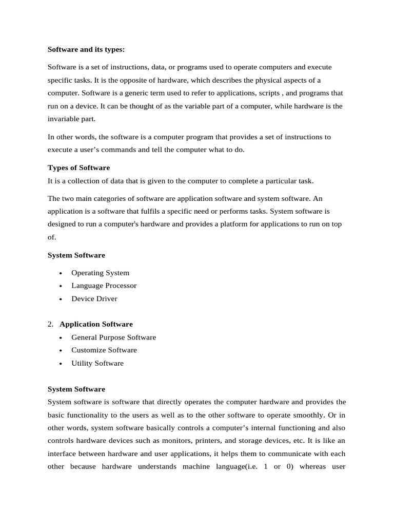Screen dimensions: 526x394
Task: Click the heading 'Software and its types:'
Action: click(x=86, y=50)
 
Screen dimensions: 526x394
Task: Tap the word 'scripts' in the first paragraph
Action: click(x=263, y=93)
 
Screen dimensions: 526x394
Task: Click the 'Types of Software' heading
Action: click(x=78, y=168)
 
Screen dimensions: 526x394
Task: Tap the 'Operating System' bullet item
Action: click(x=100, y=273)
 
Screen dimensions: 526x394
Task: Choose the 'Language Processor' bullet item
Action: click(x=104, y=286)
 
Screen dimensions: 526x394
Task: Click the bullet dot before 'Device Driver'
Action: click(x=61, y=299)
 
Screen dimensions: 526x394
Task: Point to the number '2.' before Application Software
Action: click(x=50, y=324)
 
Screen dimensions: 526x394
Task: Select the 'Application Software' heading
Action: click(x=96, y=324)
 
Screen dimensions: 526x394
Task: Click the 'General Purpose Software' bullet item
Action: click(x=113, y=337)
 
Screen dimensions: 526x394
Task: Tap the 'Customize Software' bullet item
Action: click(x=104, y=350)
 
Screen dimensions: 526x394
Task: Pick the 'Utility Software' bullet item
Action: click(x=97, y=363)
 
